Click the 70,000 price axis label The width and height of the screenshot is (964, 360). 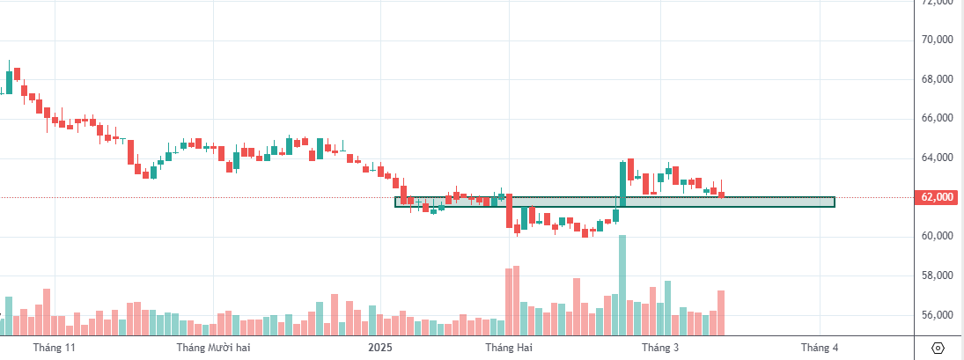[x=937, y=40]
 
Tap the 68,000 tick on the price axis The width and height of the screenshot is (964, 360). [x=937, y=79]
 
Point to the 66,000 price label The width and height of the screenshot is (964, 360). [x=937, y=118]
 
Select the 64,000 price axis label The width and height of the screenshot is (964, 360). [x=937, y=158]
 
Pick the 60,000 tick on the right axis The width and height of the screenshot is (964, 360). [x=937, y=236]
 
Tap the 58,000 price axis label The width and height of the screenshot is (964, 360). [x=937, y=276]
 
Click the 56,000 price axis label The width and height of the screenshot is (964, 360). [x=937, y=315]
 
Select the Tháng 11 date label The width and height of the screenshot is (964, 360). [x=55, y=348]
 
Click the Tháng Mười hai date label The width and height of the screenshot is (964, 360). [x=213, y=348]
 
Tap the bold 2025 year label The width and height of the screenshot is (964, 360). [x=379, y=348]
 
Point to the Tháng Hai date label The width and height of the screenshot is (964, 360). [x=509, y=348]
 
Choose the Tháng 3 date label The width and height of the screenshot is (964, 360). [x=660, y=348]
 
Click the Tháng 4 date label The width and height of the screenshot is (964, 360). [x=820, y=348]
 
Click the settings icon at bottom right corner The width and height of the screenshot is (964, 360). [x=938, y=349]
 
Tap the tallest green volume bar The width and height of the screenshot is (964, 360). [x=622, y=284]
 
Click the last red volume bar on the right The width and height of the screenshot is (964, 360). [x=721, y=312]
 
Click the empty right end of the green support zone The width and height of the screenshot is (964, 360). [x=792, y=202]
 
